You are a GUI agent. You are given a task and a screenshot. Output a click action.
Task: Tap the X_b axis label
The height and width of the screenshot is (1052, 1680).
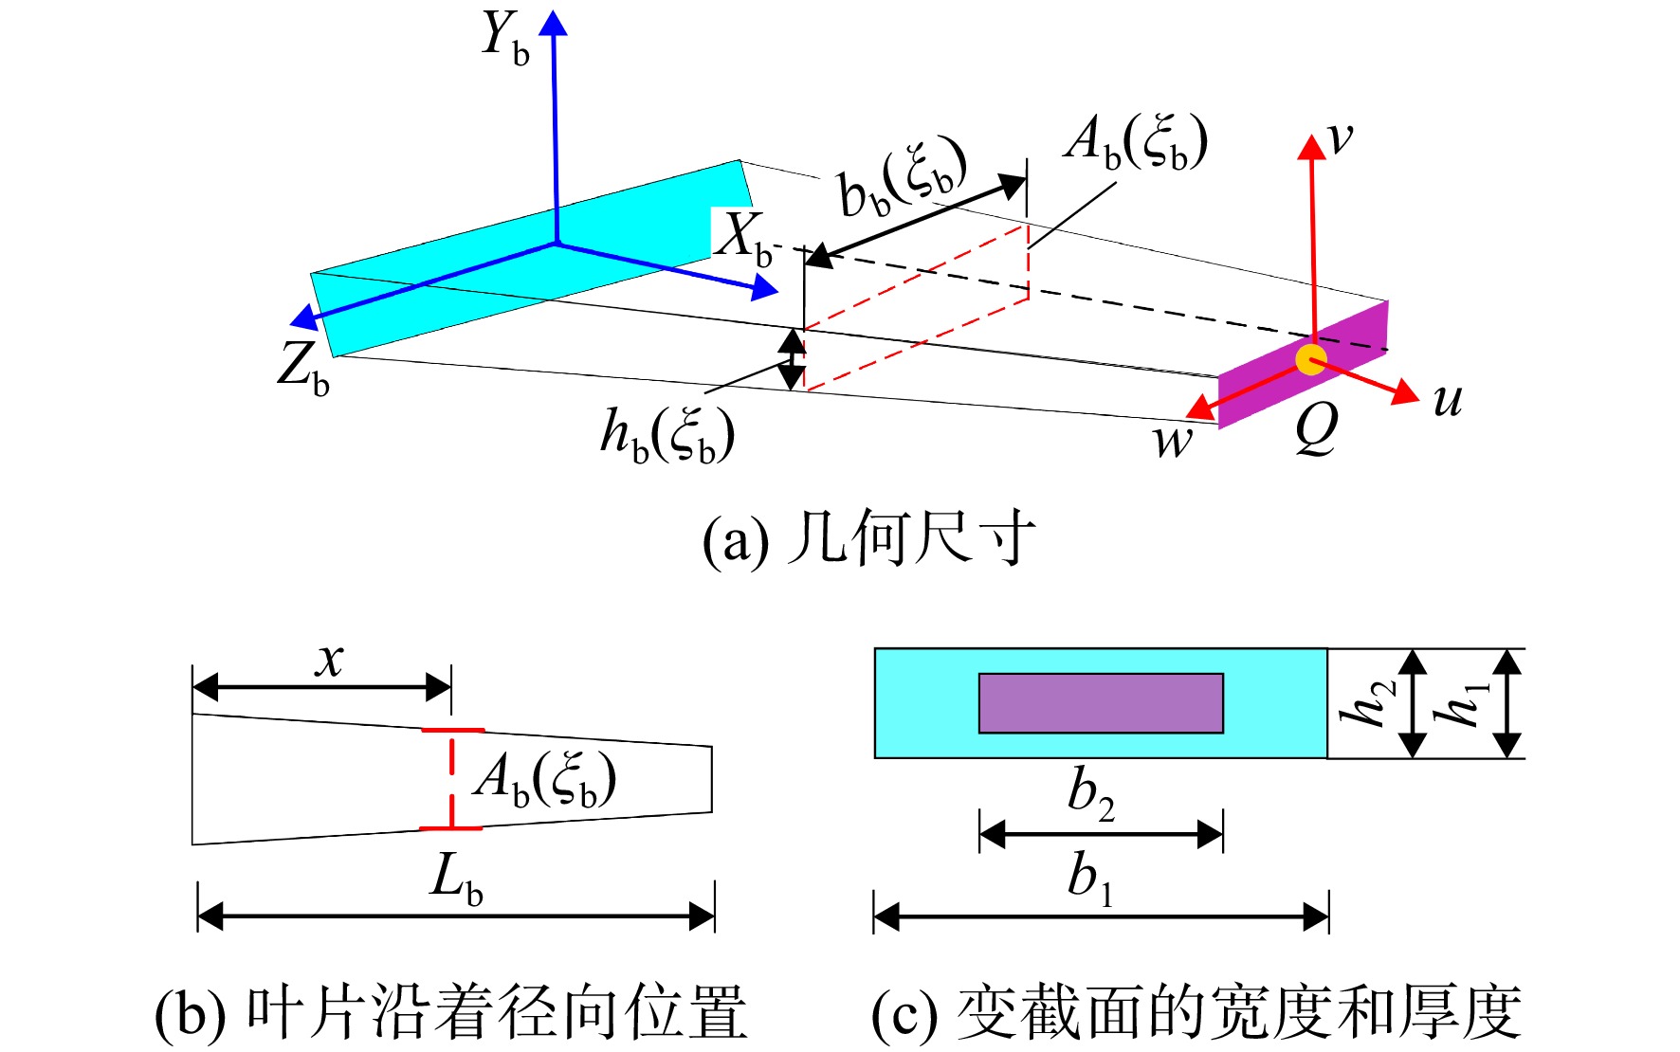tap(745, 237)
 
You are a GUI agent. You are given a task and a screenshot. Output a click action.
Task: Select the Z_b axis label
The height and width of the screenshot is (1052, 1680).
tap(303, 368)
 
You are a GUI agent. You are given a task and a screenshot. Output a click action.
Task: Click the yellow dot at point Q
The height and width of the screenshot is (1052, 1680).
tap(1311, 359)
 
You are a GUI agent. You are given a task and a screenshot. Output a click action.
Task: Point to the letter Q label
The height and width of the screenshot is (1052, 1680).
tap(1317, 427)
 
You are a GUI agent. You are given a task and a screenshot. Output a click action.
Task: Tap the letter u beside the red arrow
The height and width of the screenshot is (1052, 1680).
tap(1447, 401)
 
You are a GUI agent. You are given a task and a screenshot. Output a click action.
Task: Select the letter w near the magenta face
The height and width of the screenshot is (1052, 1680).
tap(1173, 442)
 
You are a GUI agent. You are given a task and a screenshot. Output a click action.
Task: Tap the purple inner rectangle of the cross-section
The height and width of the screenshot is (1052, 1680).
tap(1101, 703)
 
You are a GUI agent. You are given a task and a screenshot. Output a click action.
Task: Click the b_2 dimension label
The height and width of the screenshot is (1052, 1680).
tap(1091, 793)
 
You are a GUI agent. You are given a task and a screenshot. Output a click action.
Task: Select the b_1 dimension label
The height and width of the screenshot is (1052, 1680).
tap(1090, 876)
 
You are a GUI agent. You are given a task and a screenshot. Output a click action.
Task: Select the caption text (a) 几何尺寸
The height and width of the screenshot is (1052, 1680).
tap(868, 539)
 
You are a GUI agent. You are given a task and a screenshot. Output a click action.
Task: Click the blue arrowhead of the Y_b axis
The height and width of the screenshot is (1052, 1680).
tap(554, 23)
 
